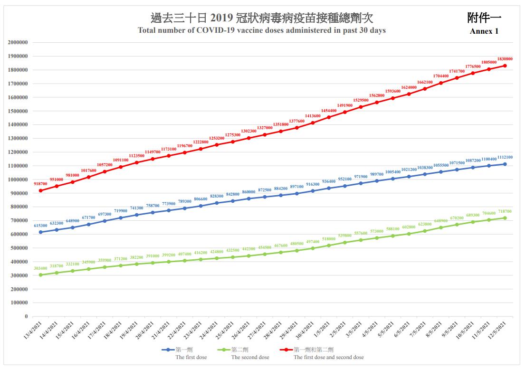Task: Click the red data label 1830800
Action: point(505,59)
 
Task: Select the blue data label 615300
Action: point(40,226)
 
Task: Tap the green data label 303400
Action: point(40,268)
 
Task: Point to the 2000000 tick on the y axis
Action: point(18,42)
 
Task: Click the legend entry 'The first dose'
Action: point(191,357)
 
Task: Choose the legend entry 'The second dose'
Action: point(250,357)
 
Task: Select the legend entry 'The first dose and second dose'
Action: point(328,357)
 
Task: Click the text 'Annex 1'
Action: point(484,31)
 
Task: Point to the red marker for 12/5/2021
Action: point(505,66)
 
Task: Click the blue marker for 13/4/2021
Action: point(40,232)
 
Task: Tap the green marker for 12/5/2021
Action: point(505,218)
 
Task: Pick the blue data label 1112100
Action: point(505,157)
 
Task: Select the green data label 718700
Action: point(505,211)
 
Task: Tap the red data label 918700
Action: point(40,184)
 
